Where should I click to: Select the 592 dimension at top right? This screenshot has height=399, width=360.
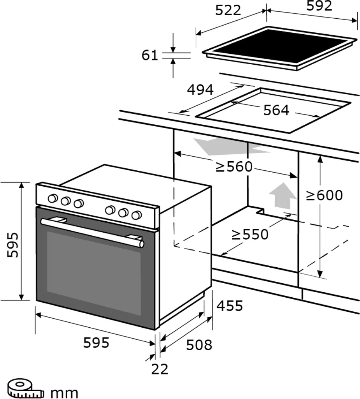pyautogui.click(x=319, y=6)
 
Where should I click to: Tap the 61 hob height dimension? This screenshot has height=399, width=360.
pyautogui.click(x=150, y=55)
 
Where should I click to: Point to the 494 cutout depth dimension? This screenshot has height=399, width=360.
pyautogui.click(x=200, y=90)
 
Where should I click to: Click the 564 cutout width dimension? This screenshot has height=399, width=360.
pyautogui.click(x=276, y=110)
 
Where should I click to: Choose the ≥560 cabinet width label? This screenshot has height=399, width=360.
pyautogui.click(x=234, y=167)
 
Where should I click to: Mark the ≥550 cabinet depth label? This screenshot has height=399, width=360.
pyautogui.click(x=250, y=235)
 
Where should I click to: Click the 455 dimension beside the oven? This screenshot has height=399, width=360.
pyautogui.click(x=230, y=306)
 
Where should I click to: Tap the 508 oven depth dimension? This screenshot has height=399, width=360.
pyautogui.click(x=199, y=344)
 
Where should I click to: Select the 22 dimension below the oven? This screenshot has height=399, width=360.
pyautogui.click(x=160, y=369)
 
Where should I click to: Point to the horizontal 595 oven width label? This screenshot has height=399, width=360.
pyautogui.click(x=96, y=343)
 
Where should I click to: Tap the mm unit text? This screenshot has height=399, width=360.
pyautogui.click(x=65, y=392)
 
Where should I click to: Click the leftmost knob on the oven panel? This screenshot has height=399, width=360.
pyautogui.click(x=52, y=199)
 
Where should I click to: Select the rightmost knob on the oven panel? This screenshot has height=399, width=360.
pyautogui.click(x=136, y=215)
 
